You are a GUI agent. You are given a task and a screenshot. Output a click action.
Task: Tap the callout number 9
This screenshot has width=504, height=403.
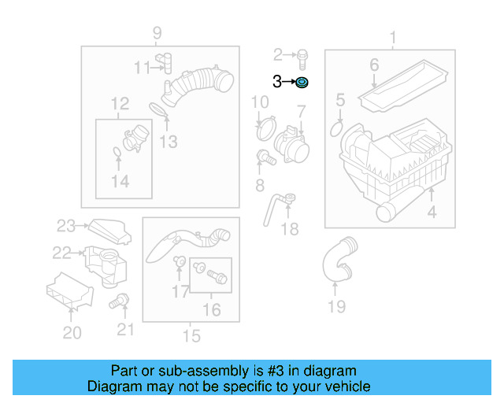[157, 33]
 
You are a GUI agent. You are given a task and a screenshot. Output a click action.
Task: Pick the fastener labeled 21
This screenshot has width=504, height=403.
[119, 300]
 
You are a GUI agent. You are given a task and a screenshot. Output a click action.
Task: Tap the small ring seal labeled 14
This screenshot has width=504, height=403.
[117, 151]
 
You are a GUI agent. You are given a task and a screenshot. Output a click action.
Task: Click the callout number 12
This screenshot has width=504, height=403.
[120, 103]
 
